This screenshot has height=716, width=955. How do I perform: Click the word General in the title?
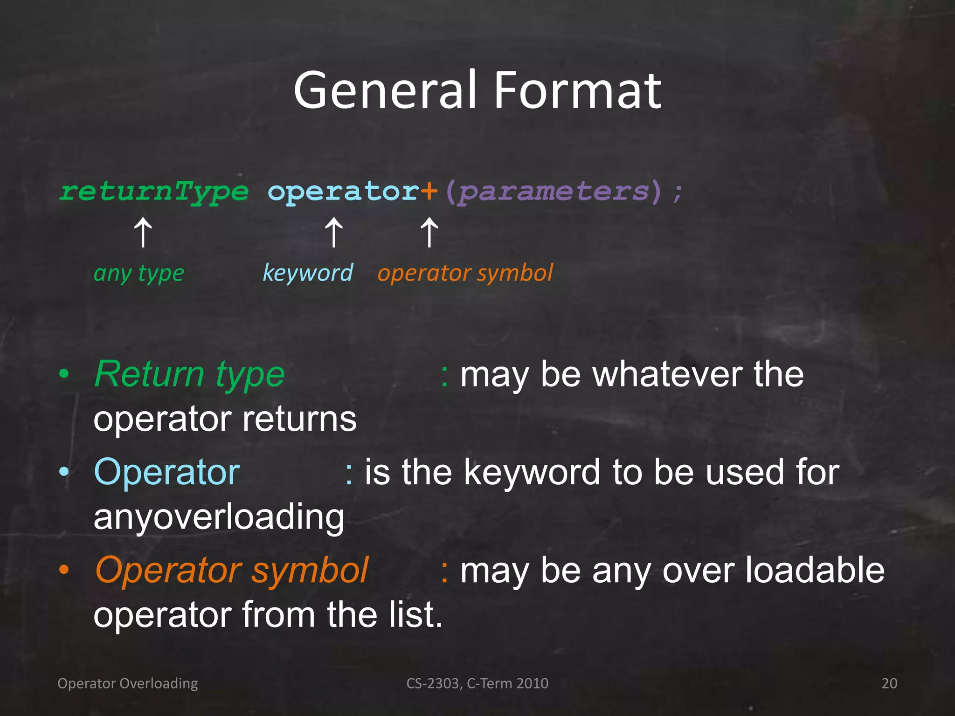point(385,90)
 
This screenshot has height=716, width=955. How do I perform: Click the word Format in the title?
point(577,90)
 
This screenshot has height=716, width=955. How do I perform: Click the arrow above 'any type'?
point(143,233)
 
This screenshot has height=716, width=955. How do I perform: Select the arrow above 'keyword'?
point(334,233)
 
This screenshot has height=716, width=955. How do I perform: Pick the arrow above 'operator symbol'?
point(429,233)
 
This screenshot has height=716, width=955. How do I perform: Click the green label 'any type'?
point(139,273)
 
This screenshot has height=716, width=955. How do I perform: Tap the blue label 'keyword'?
point(308,272)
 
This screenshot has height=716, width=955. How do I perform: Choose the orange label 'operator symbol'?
point(465,273)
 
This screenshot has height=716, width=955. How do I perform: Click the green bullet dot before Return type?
point(64,374)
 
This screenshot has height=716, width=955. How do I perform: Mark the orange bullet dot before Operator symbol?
point(64,570)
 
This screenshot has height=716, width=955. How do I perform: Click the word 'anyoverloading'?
point(219,517)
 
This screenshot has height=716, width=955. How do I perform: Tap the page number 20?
point(889,683)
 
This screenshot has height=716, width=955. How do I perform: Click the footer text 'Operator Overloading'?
point(127,683)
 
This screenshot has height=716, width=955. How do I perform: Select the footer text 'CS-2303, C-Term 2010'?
point(477,683)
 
